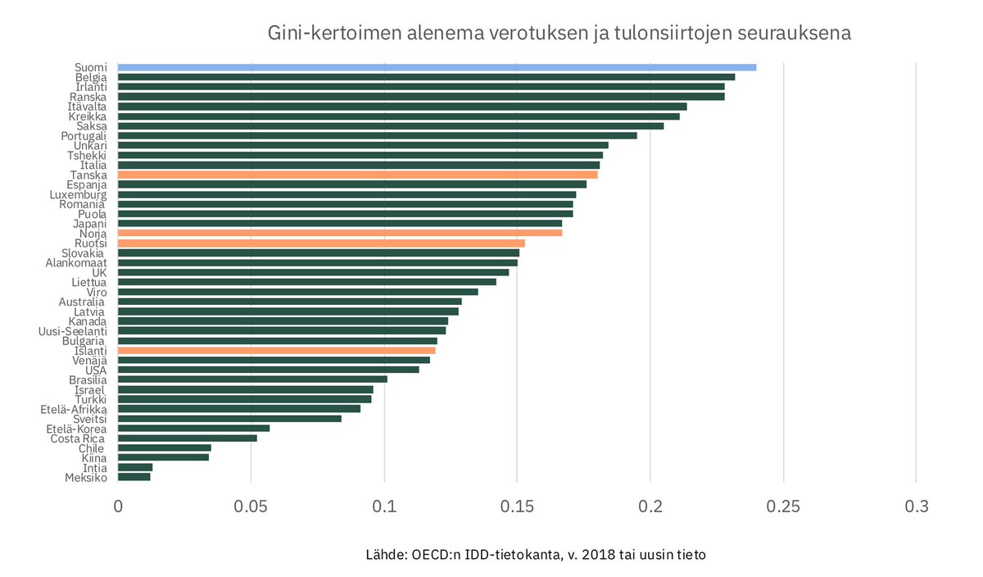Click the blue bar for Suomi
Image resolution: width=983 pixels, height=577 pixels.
[437, 67]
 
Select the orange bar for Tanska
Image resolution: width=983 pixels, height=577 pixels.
[358, 175]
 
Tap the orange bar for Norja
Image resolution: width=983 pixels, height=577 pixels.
[340, 234]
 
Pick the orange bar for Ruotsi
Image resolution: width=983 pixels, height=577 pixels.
[321, 243]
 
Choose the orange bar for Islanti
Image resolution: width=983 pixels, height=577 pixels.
[277, 350]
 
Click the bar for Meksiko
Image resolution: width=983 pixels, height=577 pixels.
[134, 477]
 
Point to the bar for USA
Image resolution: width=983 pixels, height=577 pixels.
[269, 370]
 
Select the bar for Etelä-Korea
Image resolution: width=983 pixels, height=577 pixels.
[194, 428]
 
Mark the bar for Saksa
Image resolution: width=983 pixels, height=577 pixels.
[391, 126]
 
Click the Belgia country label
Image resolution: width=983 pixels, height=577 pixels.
[91, 78]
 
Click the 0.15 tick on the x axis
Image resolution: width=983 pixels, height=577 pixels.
[517, 507]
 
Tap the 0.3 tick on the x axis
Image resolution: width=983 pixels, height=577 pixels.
[916, 507]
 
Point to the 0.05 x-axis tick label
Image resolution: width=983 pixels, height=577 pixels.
[251, 507]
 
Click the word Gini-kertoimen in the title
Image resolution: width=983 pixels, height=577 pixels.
[326, 34]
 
